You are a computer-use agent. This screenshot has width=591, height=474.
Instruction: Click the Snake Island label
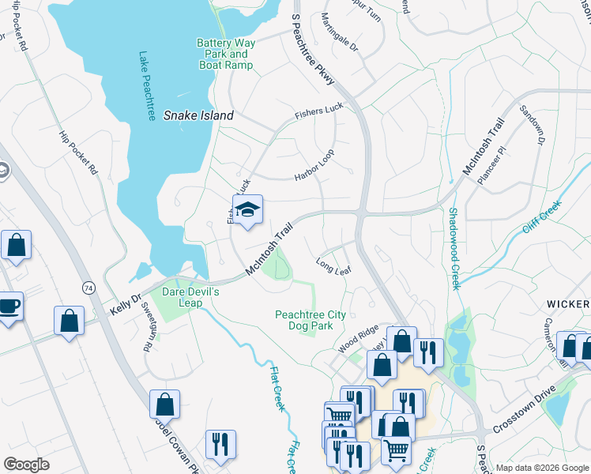point(198,115)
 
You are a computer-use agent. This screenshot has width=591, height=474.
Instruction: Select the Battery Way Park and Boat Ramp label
point(224,54)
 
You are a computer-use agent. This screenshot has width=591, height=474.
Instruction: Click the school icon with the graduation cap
point(247,210)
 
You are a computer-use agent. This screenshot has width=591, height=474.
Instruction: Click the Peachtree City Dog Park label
point(311,320)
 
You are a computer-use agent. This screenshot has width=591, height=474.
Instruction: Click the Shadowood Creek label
point(454,249)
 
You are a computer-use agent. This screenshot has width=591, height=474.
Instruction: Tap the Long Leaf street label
point(333,265)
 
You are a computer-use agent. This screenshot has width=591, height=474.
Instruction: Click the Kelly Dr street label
point(126,303)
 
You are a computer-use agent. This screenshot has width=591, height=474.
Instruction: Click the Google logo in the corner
point(27,465)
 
